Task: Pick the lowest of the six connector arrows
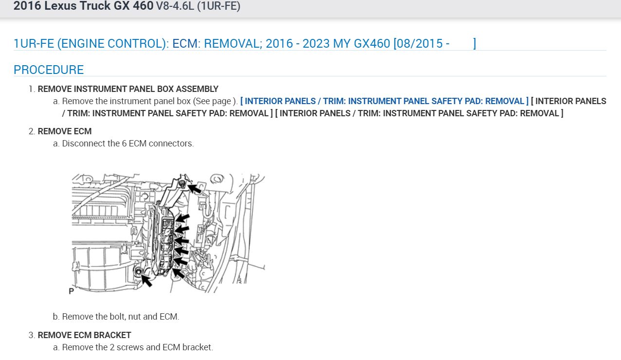coord(179,273)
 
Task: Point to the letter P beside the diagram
coord(71,291)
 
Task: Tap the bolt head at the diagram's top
coord(182,183)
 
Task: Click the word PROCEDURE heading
coord(49,70)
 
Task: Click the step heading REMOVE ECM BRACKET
coord(84,335)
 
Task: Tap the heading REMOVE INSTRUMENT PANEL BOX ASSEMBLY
coord(128,89)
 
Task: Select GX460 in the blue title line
coord(371,43)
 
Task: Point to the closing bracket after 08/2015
coord(475,43)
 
